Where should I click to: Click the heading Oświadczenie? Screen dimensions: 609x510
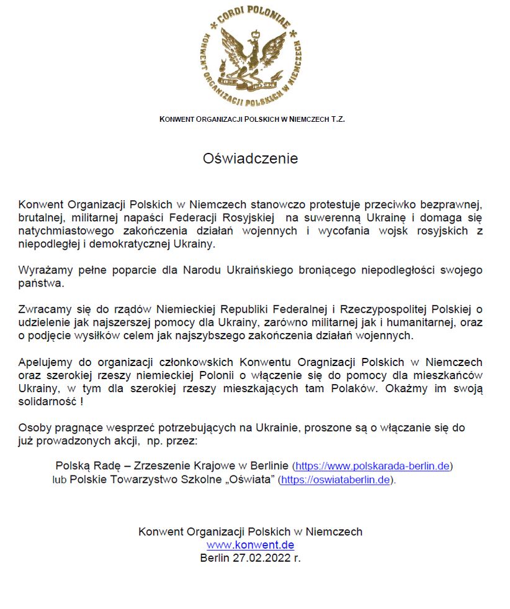click(251, 158)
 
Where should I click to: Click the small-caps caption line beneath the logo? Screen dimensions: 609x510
click(252, 118)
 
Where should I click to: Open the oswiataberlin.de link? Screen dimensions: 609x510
click(335, 480)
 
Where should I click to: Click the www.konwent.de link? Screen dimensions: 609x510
click(250, 545)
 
